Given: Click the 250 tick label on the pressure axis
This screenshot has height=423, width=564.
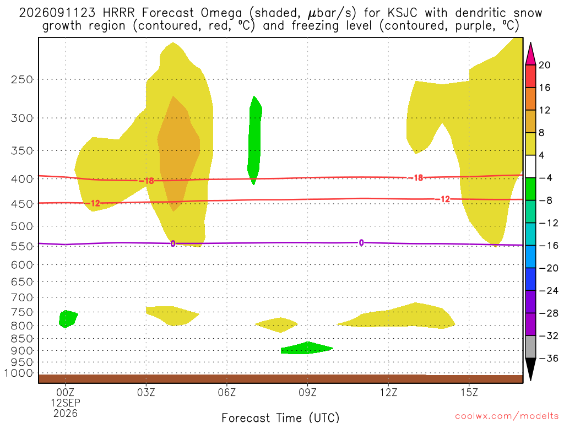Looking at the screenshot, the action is (22, 79).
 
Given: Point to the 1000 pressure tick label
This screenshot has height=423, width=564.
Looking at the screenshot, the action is (19, 373).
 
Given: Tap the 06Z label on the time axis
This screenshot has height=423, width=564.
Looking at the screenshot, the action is (227, 392).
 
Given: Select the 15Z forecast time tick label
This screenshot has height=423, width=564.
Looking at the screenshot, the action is (469, 392).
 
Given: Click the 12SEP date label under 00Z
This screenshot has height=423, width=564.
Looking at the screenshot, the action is (65, 403).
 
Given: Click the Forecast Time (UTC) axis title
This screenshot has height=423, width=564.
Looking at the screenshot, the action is (280, 417).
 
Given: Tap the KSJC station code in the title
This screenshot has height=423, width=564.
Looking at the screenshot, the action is (402, 13).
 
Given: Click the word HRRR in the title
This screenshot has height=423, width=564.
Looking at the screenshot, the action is (118, 13).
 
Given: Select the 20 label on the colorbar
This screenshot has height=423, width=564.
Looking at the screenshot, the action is (545, 65).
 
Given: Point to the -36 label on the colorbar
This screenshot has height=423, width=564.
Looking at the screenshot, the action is (549, 358).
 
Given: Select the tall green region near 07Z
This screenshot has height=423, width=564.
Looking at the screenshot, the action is (254, 140).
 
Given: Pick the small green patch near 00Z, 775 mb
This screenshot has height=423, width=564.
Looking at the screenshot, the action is (68, 319).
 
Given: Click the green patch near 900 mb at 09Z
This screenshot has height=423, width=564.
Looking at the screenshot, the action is (306, 348).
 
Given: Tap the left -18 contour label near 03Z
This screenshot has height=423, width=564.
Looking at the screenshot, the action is (147, 181).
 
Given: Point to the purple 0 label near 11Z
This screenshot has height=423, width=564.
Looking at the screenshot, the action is (361, 243).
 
